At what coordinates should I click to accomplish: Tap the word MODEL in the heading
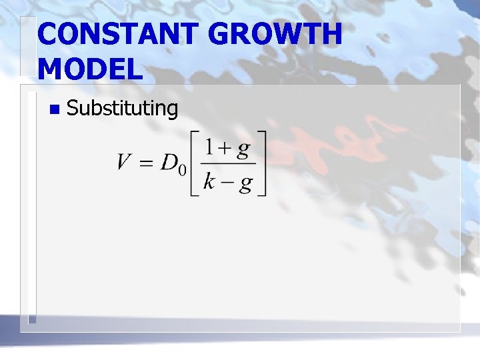pyautogui.click(x=91, y=68)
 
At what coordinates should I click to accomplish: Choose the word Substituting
pyautogui.click(x=123, y=108)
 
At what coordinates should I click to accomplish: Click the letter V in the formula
pyautogui.click(x=125, y=162)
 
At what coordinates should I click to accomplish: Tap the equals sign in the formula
pyautogui.click(x=146, y=163)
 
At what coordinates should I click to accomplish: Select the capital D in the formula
pyautogui.click(x=168, y=162)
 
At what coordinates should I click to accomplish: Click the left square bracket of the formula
pyautogui.click(x=194, y=164)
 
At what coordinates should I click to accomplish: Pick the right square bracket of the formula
pyautogui.click(x=261, y=164)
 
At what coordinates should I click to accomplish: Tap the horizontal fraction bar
pyautogui.click(x=228, y=165)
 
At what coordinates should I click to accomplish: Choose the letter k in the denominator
pyautogui.click(x=209, y=181)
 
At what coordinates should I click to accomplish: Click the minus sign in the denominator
pyautogui.click(x=227, y=182)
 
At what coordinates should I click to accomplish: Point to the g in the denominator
pyautogui.click(x=245, y=183)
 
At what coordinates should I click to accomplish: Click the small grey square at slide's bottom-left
pyautogui.click(x=31, y=319)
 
